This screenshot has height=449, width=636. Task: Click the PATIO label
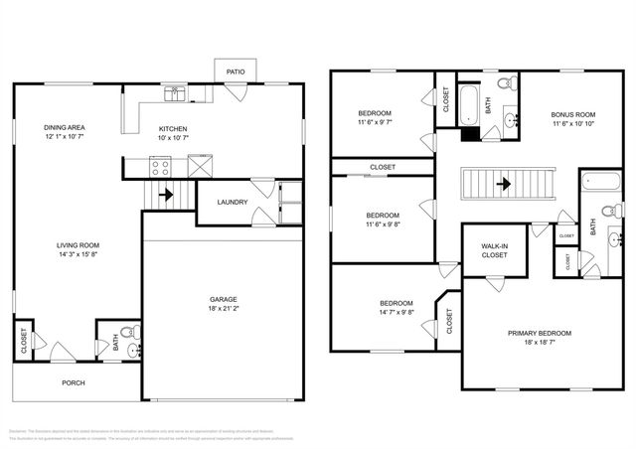tap(236, 72)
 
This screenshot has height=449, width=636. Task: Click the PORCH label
tap(74, 382)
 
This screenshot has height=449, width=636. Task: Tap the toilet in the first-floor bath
tap(123, 333)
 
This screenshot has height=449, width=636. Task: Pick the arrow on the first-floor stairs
tap(165, 195)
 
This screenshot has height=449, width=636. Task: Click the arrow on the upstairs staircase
tap(505, 184)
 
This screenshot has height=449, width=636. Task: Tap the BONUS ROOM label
tap(573, 114)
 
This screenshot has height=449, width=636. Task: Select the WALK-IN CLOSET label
tap(494, 249)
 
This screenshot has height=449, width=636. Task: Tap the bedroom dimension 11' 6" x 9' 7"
tap(375, 124)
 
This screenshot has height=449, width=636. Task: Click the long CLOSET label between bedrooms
tap(382, 167)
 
